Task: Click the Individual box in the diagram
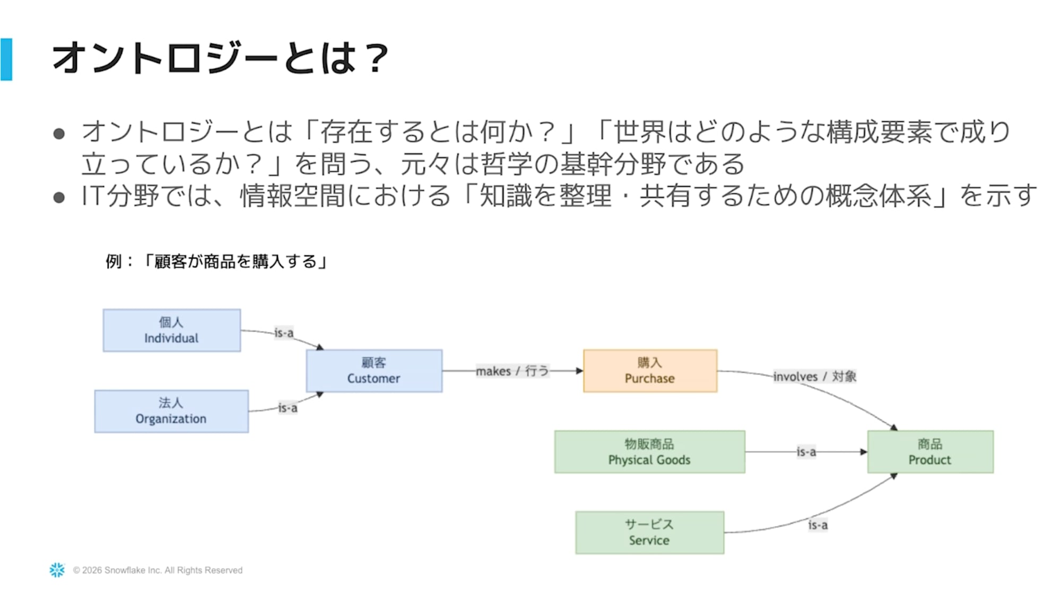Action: (172, 330)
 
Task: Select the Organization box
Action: (171, 411)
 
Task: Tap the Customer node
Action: (374, 370)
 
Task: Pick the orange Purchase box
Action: (650, 370)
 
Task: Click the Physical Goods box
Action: (649, 451)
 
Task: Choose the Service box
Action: (649, 533)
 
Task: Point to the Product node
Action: (930, 451)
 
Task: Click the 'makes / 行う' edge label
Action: (512, 371)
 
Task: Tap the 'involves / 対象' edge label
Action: (814, 376)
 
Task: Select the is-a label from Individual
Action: (284, 333)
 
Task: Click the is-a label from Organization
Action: (288, 408)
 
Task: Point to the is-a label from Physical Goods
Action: (806, 451)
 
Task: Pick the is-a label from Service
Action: (818, 525)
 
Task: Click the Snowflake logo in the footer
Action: (57, 570)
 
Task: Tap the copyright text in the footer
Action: (158, 570)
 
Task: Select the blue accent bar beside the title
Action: (6, 59)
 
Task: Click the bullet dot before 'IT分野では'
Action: (59, 197)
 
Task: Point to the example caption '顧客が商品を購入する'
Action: (236, 261)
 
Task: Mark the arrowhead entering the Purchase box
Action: (580, 370)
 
